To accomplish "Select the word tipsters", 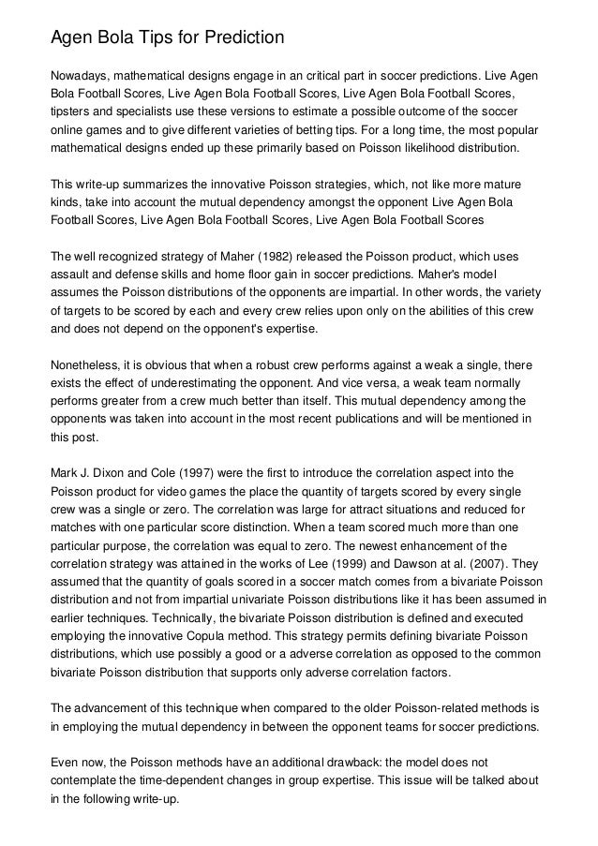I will (73, 112).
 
